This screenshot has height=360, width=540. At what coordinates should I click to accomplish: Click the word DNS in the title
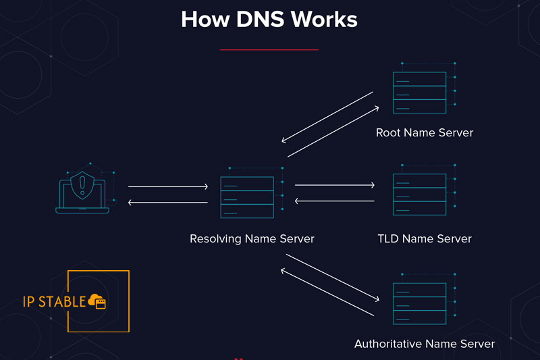[x=260, y=19]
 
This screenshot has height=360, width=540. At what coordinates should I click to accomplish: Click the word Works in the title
[x=324, y=19]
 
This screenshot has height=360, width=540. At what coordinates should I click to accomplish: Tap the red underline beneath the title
[x=269, y=49]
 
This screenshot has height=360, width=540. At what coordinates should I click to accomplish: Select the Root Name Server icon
[x=419, y=93]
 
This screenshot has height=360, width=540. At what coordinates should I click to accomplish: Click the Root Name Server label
[x=424, y=132]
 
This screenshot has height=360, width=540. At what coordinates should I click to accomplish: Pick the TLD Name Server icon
[x=419, y=195]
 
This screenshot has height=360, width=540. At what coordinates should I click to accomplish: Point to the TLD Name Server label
[x=424, y=238]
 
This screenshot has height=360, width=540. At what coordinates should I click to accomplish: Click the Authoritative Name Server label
[x=424, y=344]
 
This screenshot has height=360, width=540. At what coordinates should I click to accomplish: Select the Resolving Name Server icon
[x=247, y=197]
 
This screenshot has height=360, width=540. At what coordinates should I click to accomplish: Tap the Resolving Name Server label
[x=252, y=238]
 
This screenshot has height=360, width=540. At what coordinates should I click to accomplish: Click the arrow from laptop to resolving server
[x=168, y=186]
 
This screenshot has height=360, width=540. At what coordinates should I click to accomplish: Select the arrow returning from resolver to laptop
[x=168, y=202]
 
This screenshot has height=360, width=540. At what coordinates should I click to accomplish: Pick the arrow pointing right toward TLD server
[x=335, y=184]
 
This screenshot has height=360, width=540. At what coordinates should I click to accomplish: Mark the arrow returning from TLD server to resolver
[x=335, y=201]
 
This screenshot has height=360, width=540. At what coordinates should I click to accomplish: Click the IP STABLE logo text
[x=54, y=301]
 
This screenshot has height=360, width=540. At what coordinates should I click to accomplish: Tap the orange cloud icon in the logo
[x=97, y=301]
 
